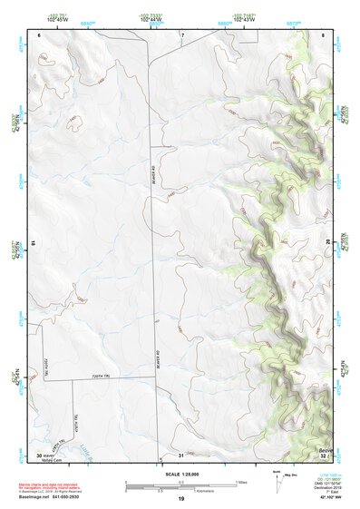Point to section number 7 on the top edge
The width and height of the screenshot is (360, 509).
pyautogui.click(x=181, y=34)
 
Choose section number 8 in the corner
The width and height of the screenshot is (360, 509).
pyautogui.click(x=324, y=34)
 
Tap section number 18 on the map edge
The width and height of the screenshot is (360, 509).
pyautogui.click(x=33, y=241)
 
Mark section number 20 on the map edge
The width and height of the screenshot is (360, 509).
pyautogui.click(x=328, y=241)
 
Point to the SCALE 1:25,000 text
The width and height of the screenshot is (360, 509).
pyautogui.click(x=180, y=474)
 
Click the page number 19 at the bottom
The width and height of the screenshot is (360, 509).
pyautogui.click(x=180, y=498)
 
